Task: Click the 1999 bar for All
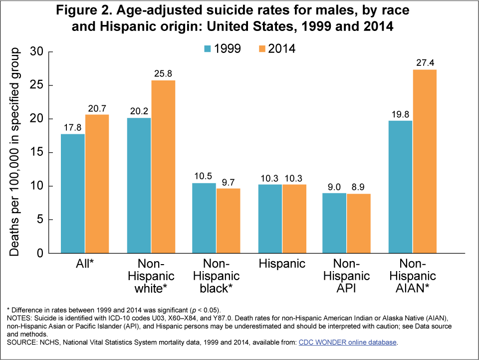[x=73, y=193]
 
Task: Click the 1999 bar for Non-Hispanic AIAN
[x=400, y=187]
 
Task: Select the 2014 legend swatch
[x=261, y=48]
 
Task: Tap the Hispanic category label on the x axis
[x=282, y=264]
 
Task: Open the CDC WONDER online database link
[x=349, y=342]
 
